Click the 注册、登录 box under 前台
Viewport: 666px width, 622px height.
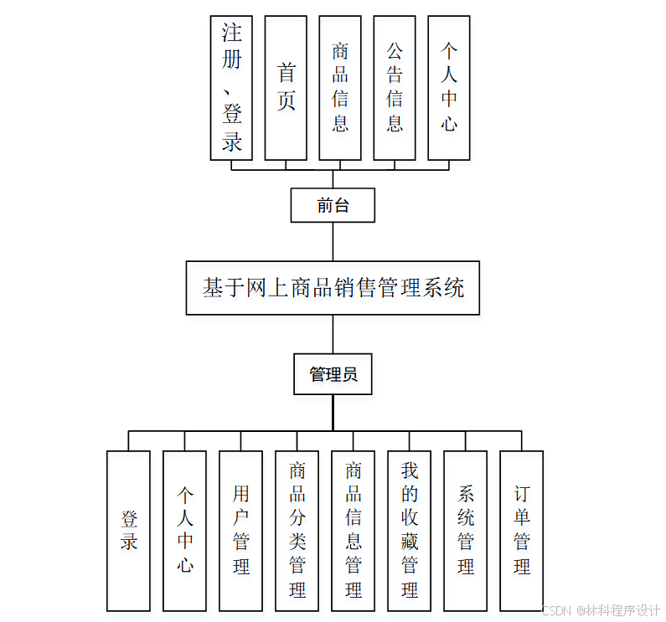[231, 88]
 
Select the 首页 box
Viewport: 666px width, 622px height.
[286, 88]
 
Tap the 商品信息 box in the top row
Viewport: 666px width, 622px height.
[340, 88]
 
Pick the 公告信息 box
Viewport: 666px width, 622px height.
[395, 88]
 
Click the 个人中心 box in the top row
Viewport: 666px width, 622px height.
[449, 88]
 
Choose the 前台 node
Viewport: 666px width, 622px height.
[333, 205]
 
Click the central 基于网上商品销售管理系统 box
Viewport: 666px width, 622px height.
[333, 288]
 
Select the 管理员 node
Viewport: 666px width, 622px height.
[333, 374]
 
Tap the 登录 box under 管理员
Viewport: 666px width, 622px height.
[128, 531]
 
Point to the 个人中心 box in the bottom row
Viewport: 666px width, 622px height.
[184, 531]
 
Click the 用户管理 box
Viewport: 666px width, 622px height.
[240, 531]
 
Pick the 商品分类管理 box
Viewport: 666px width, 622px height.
[297, 531]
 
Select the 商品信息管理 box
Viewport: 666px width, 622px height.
[353, 531]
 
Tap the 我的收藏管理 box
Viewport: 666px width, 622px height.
[409, 531]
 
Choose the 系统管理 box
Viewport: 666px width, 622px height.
[465, 531]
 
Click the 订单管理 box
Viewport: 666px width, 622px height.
[521, 531]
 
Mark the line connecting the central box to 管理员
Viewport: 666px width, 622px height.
[333, 334]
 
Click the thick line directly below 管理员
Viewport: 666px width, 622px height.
[333, 413]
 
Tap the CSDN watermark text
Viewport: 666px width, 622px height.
[601, 610]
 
